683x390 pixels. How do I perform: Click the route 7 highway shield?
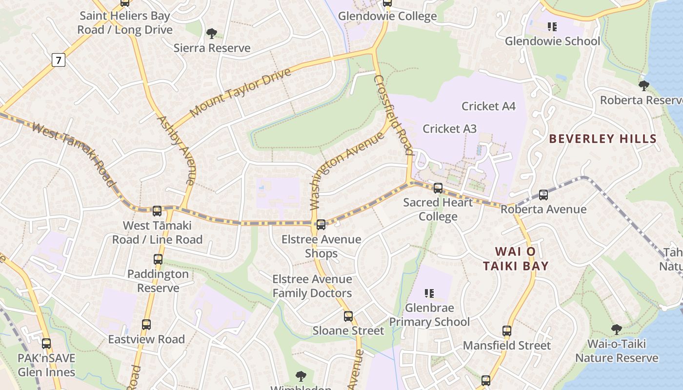[59, 60]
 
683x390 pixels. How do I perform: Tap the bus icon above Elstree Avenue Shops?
[321, 225]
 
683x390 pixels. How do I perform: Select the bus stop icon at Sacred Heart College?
[438, 188]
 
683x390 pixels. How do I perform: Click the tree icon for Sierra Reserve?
[212, 33]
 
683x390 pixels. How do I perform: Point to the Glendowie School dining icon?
[552, 26]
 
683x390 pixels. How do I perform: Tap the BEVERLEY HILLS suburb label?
[603, 139]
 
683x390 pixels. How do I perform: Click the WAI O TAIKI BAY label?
[516, 259]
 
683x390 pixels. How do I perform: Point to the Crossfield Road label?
[394, 115]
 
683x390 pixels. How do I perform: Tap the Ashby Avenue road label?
[177, 150]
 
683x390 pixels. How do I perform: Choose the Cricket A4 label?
[488, 106]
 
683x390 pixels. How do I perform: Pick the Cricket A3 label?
[449, 129]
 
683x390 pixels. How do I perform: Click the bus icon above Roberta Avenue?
[543, 195]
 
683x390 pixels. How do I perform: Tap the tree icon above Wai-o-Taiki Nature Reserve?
[617, 330]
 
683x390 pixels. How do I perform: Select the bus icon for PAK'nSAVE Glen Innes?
[46, 344]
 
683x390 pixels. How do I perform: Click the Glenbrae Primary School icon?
[429, 293]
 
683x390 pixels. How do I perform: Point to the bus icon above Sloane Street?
[348, 316]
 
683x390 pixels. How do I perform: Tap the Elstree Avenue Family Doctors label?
[312, 286]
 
